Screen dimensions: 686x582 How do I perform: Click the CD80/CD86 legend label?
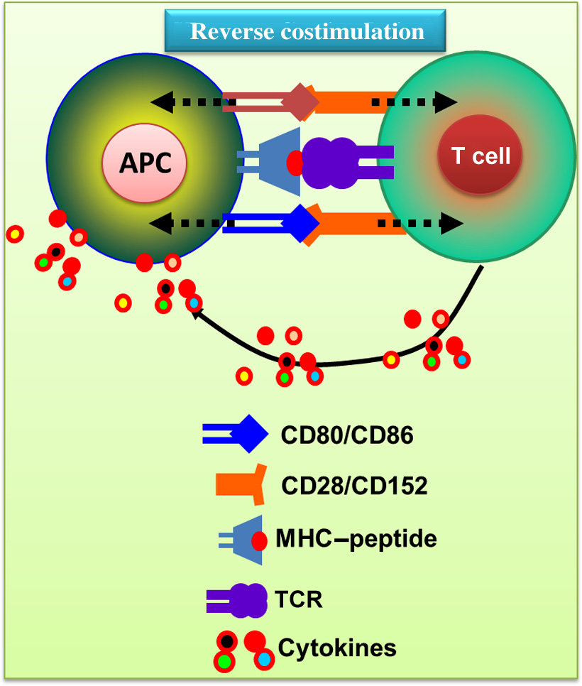(x=346, y=435)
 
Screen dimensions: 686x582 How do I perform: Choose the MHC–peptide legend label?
(x=356, y=539)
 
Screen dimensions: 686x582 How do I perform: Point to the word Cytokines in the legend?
(x=337, y=648)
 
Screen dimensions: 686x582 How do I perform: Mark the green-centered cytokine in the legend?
(x=225, y=662)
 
